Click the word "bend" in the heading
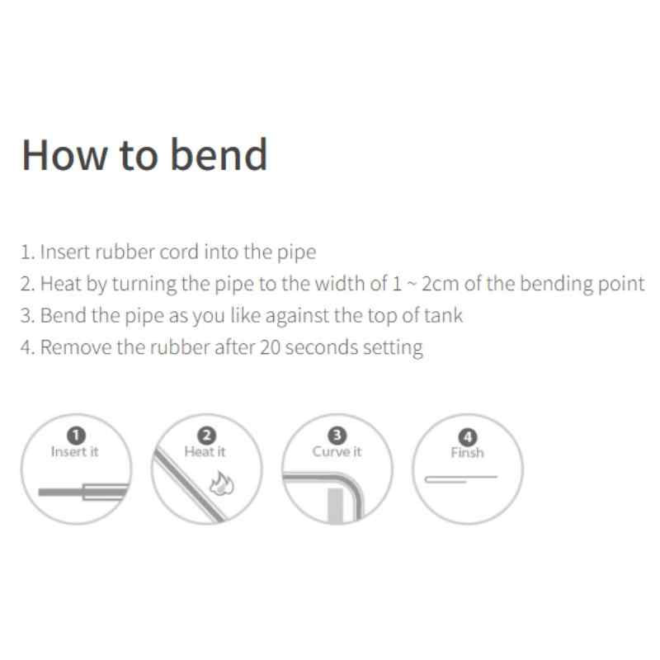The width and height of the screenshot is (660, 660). coord(219,154)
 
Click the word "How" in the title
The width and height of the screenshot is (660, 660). coord(65,155)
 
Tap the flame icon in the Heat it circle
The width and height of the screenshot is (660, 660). coord(222,483)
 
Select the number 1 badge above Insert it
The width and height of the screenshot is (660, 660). coord(76,436)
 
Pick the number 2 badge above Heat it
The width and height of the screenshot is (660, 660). coord(206,436)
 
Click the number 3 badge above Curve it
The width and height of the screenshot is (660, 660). coord(337,436)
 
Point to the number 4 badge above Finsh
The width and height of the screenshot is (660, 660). coord(468,437)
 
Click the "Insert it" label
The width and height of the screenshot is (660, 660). coord(74,451)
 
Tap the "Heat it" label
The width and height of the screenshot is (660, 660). coord(205,451)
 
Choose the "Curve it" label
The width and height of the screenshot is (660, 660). coord(337,451)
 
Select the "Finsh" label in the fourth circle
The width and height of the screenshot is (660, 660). coord(467,453)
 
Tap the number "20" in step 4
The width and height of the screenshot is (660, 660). coord(271,347)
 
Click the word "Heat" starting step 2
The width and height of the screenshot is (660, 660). coord(60,284)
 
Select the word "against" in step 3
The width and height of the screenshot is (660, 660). coord(295,316)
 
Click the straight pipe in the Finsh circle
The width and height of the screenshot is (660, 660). coord(461,479)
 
